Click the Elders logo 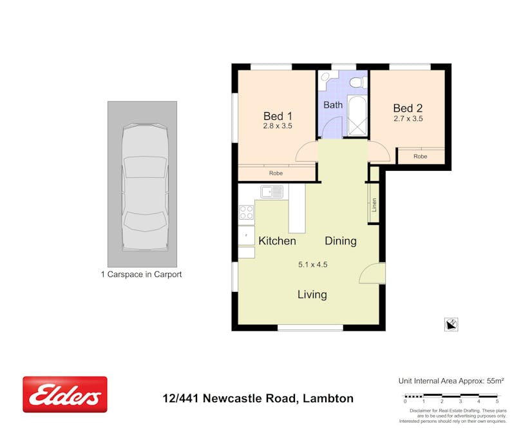click(x=65, y=394)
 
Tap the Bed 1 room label click(x=278, y=116)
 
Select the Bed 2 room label click(x=408, y=108)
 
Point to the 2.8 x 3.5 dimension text click(x=278, y=126)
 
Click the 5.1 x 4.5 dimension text click(x=312, y=264)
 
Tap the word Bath click(x=333, y=104)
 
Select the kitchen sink click(x=272, y=191)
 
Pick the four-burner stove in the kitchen click(x=246, y=212)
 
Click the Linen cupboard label click(x=374, y=205)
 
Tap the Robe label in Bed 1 click(x=276, y=173)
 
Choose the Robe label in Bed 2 click(x=420, y=157)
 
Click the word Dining click(x=340, y=241)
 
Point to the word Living click(x=312, y=295)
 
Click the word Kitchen click(x=277, y=241)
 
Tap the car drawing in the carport click(x=145, y=187)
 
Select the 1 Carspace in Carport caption click(x=141, y=275)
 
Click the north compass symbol click(x=451, y=324)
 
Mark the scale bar click(x=451, y=396)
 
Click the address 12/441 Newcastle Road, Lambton click(x=258, y=398)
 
